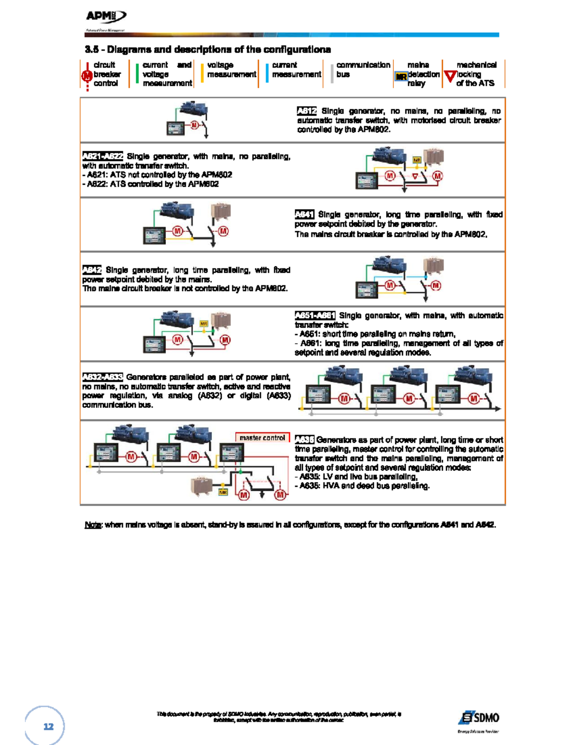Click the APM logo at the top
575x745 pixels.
[x=105, y=17]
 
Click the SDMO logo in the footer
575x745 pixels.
[x=479, y=718]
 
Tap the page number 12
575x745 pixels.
[x=48, y=726]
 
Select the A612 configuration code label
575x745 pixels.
[x=307, y=111]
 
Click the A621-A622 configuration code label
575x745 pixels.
[x=103, y=156]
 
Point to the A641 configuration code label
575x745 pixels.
[x=304, y=214]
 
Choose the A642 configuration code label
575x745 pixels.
[x=92, y=270]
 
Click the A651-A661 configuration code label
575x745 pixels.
[x=315, y=316]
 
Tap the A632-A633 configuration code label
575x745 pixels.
[x=103, y=377]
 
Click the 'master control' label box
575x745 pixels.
[x=262, y=438]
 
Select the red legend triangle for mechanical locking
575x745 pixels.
[x=449, y=76]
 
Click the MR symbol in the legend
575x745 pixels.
[x=401, y=76]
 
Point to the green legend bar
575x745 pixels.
[x=137, y=73]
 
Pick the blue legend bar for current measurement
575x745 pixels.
[x=267, y=73]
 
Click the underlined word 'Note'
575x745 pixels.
[x=92, y=525]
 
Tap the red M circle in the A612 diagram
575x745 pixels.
[x=194, y=125]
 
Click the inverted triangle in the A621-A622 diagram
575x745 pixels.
[x=415, y=177]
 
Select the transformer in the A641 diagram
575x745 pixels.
[x=221, y=211]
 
